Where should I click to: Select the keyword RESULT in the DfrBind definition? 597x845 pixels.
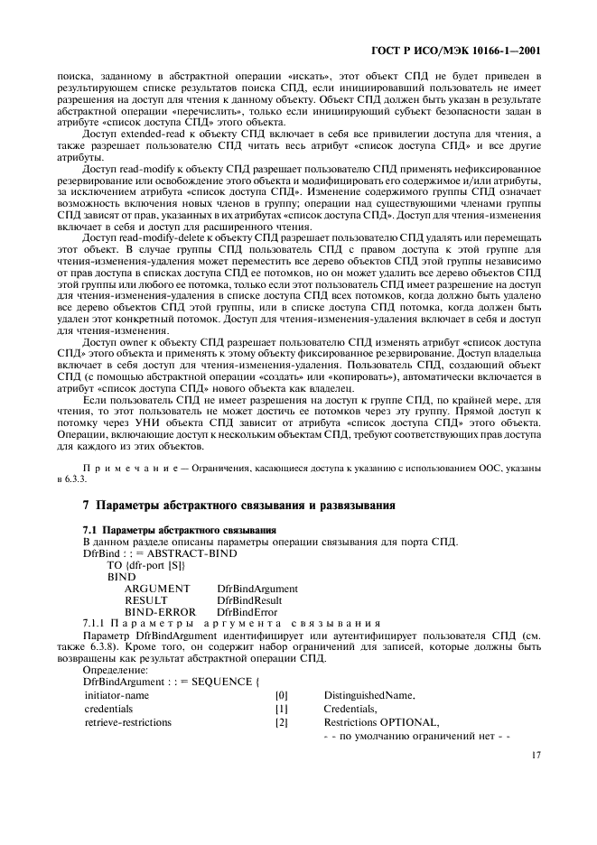[x=145, y=599]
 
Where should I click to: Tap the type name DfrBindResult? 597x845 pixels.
[x=249, y=599]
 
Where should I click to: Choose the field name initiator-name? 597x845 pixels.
[x=117, y=696]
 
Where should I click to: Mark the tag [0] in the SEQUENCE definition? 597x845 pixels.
[x=281, y=696]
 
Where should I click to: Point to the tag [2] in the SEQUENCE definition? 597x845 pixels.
[x=281, y=722]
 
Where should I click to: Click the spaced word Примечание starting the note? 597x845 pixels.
[x=120, y=468]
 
